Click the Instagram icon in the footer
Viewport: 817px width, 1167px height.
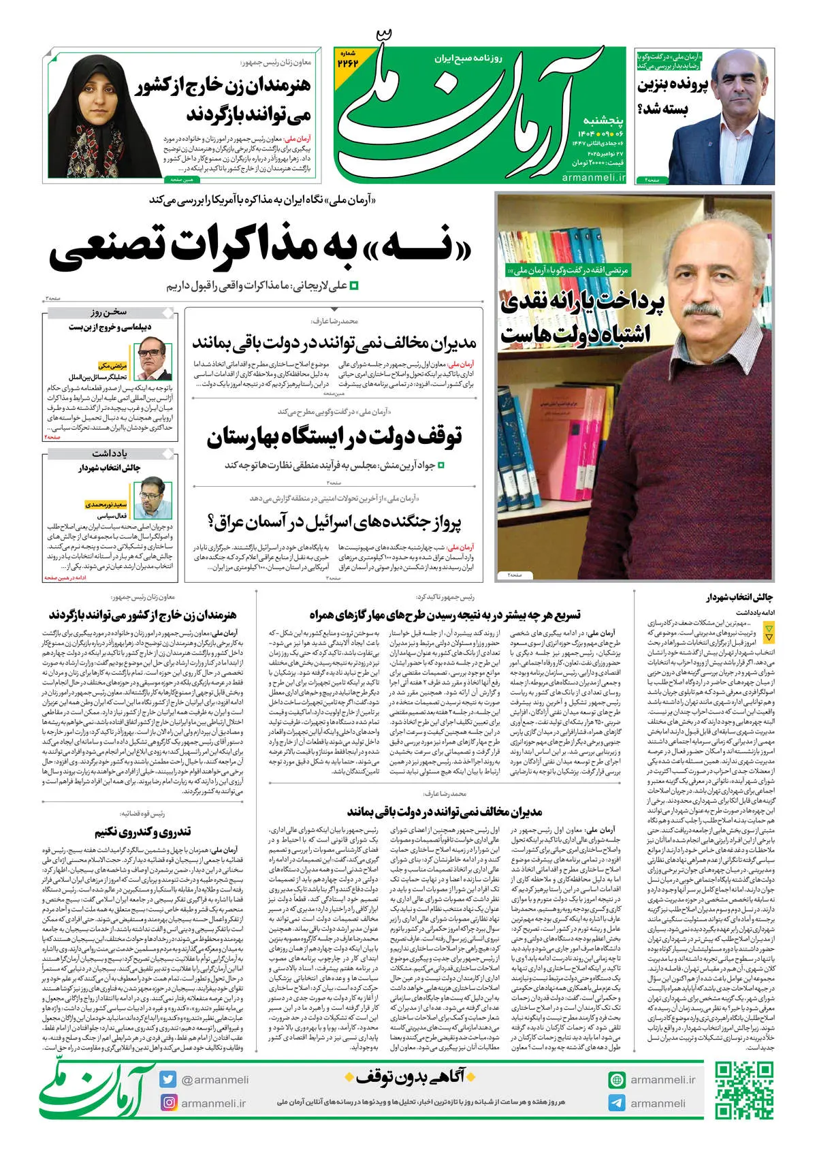click(x=168, y=1102)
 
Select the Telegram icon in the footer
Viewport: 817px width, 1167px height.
click(x=617, y=1103)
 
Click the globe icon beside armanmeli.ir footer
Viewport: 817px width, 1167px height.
click(x=617, y=1080)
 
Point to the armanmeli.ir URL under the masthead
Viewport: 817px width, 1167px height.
click(x=594, y=178)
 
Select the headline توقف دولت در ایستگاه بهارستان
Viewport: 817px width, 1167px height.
click(x=334, y=436)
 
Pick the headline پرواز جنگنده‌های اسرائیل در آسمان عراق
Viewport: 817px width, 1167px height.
click(x=334, y=522)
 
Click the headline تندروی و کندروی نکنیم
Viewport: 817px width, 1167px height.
click(x=143, y=831)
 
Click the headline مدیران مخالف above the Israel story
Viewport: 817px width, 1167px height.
click(x=334, y=342)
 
